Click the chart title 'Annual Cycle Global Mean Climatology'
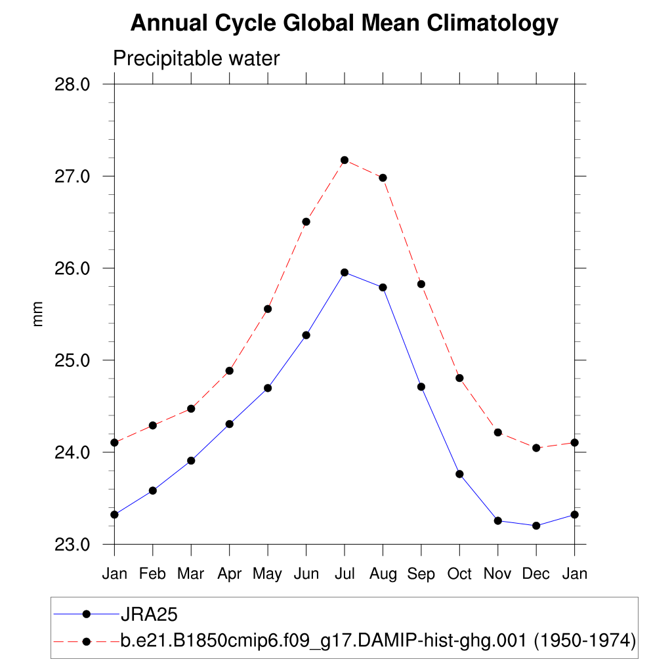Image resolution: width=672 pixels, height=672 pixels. coord(344,24)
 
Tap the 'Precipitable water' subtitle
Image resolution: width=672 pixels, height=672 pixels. coord(196,58)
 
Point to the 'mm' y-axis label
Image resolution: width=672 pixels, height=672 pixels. coord(37,314)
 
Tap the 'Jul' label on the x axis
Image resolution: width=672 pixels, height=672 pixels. coord(345,574)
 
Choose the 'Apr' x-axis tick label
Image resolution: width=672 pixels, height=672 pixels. coord(229,574)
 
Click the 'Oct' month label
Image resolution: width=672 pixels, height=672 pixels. coord(459,574)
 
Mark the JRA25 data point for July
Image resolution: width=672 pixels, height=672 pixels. coord(345,272)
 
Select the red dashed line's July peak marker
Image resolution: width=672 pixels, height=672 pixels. coord(345,160)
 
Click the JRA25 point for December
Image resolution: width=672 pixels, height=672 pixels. coord(536,526)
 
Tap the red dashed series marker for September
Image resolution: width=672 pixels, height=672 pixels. coord(421,284)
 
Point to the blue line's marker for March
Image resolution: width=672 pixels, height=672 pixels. coord(191,461)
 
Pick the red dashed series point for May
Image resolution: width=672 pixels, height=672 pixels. coord(268,309)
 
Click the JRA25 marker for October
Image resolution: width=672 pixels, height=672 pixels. coord(459,474)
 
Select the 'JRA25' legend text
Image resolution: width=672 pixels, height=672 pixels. coord(150,614)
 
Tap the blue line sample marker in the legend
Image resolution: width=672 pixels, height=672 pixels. coord(86,614)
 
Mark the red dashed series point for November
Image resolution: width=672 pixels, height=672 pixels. coord(498,432)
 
